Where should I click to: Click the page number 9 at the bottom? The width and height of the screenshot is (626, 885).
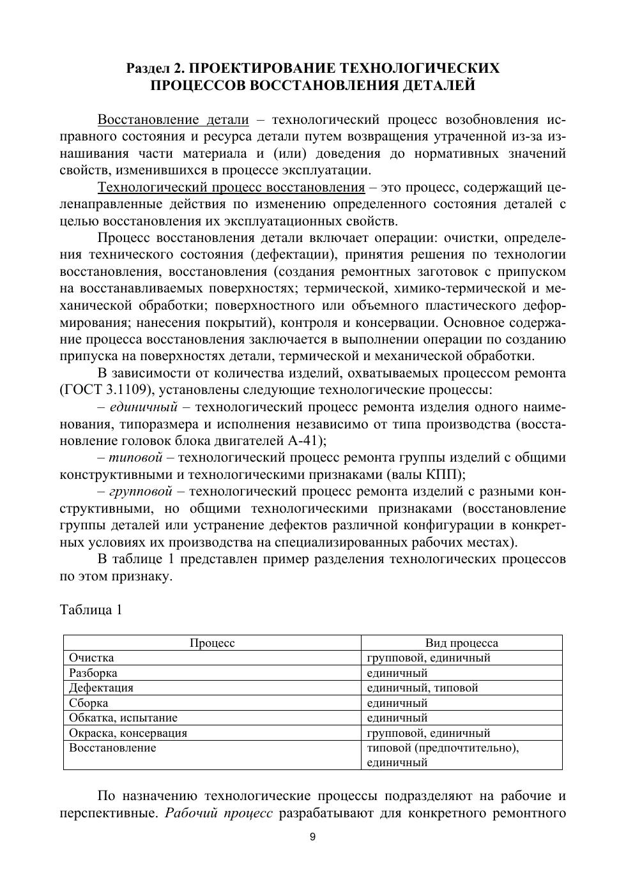coord(312,838)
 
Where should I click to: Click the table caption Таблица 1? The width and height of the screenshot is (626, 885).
coord(91,610)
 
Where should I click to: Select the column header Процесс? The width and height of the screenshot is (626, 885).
coord(212,643)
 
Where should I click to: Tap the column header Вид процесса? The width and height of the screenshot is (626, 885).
coord(461,643)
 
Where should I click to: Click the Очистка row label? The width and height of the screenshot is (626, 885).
coord(91,658)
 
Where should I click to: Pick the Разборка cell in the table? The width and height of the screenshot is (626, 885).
coord(93,673)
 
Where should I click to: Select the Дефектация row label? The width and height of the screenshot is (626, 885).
coord(101,688)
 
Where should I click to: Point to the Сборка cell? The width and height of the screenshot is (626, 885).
coord(89,703)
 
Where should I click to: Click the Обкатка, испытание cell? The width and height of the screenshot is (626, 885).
coord(123,718)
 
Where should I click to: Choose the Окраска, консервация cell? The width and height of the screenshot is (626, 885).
coord(128,733)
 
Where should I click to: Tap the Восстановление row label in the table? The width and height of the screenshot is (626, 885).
coord(112,748)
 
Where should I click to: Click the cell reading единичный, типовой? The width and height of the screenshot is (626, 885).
coord(422,688)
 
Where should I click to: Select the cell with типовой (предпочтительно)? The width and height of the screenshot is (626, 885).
coord(443,748)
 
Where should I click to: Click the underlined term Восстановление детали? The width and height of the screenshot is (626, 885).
coord(173,120)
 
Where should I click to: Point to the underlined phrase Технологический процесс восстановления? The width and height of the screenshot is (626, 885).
coord(231,188)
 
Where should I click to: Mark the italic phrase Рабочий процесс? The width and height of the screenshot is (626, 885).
coord(219,813)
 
